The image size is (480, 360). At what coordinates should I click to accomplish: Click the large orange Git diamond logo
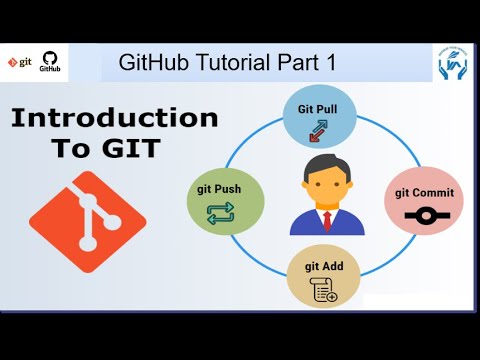(x=88, y=216)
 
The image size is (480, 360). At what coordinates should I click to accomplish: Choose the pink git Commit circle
(x=422, y=201)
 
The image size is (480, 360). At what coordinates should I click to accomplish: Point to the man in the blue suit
(x=324, y=200)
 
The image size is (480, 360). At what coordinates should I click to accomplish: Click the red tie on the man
(x=324, y=218)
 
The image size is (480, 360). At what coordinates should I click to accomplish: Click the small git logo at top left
(x=18, y=62)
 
